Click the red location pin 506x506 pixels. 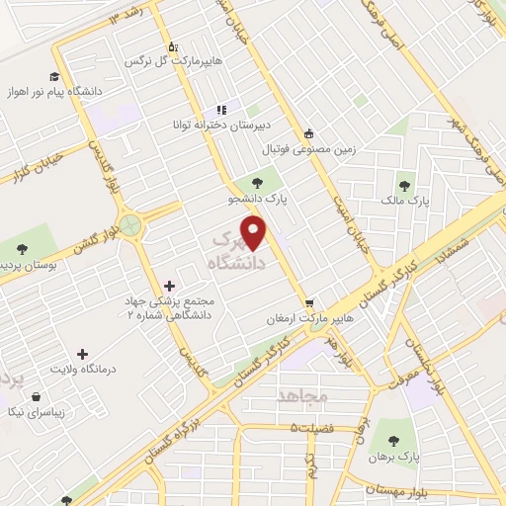tap(256, 232)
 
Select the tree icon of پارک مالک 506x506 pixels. tap(405, 184)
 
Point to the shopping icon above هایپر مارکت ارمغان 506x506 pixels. tap(310, 302)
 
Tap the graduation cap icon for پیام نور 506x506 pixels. tap(54, 76)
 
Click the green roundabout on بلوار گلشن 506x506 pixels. tap(128, 223)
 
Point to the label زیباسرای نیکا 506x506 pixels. tap(36, 410)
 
